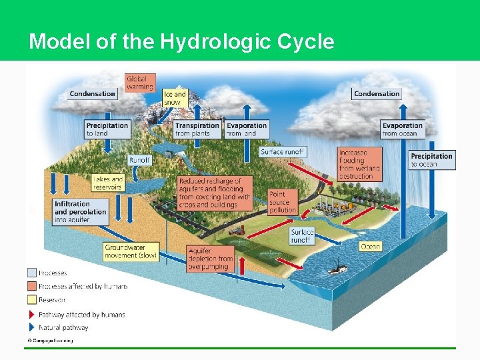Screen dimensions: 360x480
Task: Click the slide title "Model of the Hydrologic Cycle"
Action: click(181, 42)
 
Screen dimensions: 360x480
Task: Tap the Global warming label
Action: click(140, 83)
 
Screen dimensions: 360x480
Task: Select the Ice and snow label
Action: click(175, 99)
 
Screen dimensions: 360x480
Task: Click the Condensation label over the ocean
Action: click(377, 94)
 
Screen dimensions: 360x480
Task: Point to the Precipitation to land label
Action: click(107, 129)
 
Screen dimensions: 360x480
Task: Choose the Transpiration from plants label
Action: click(197, 129)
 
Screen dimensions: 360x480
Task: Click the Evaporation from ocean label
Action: click(403, 129)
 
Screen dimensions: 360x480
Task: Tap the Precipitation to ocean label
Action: click(432, 160)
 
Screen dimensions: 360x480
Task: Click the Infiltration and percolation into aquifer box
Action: click(81, 211)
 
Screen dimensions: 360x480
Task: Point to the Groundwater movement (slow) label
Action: click(131, 251)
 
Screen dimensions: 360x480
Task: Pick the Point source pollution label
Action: click(283, 202)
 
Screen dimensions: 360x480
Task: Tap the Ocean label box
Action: click(371, 247)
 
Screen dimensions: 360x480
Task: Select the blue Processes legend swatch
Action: click(31, 273)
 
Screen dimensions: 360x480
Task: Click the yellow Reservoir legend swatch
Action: click(31, 300)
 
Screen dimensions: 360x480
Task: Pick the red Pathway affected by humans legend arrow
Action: click(31, 314)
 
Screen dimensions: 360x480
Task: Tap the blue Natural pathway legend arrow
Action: click(31, 327)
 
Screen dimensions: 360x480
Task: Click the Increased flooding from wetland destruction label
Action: click(361, 165)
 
